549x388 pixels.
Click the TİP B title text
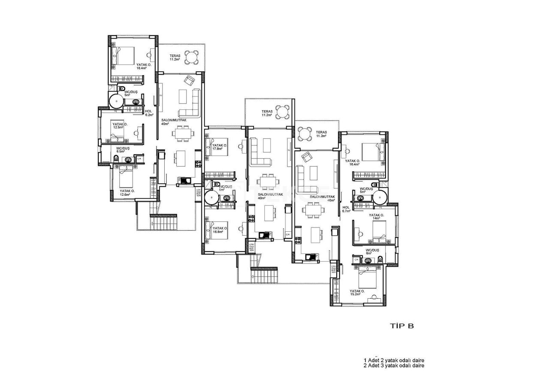click(x=401, y=326)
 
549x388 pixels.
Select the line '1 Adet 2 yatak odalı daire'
click(x=394, y=360)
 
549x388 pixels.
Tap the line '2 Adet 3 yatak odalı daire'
click(x=394, y=366)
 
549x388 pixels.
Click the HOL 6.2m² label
click(x=149, y=113)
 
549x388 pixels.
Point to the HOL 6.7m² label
click(x=347, y=209)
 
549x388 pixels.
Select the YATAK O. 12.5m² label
click(x=118, y=125)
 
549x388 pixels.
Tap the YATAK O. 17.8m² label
click(x=219, y=147)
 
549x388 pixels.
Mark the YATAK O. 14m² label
click(x=376, y=217)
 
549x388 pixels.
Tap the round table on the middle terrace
click(x=282, y=112)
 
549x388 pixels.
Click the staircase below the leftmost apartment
click(x=163, y=222)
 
